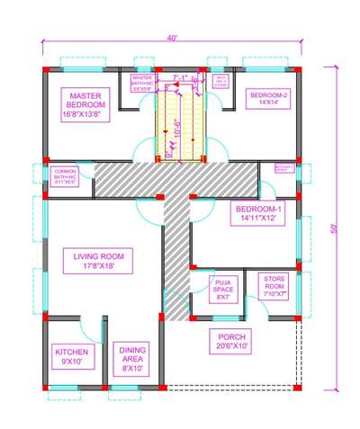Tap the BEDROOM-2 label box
coord(267,99)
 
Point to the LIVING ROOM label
coord(98,261)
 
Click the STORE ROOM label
coord(274,286)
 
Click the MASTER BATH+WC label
coord(142,84)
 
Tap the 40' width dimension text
coord(171,38)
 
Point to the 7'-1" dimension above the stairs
coord(179,78)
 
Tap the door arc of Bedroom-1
coord(267,189)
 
